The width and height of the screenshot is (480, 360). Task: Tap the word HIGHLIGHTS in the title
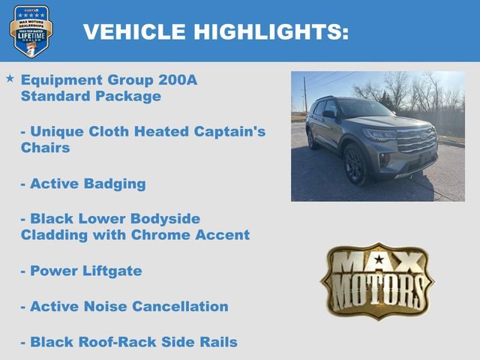click(x=271, y=31)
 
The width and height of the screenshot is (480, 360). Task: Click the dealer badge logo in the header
click(x=31, y=31)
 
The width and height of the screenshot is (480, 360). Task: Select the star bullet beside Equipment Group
click(x=10, y=78)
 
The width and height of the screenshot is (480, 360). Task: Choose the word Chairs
click(x=46, y=148)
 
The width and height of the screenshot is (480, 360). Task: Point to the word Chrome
click(x=175, y=235)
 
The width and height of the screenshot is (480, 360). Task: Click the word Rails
click(x=216, y=342)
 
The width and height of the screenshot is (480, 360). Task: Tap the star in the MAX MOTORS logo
click(x=378, y=260)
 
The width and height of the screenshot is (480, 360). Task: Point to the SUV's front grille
click(x=417, y=139)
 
